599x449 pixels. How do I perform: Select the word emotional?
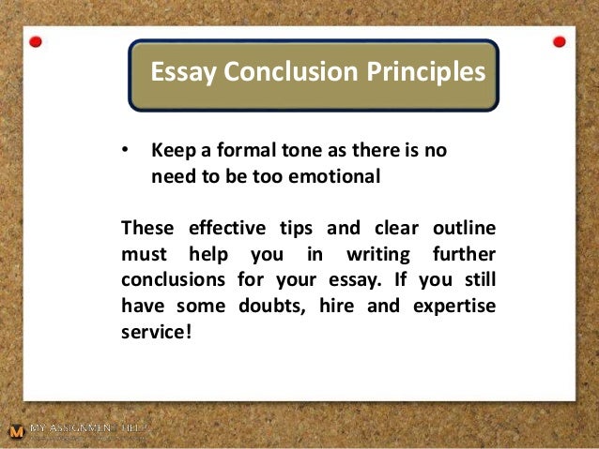click(339, 175)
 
